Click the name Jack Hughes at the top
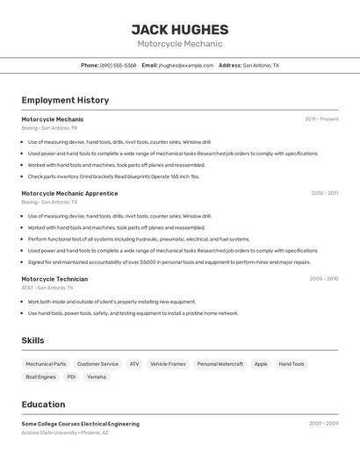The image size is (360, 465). (x=179, y=29)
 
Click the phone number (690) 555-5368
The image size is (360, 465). (x=118, y=65)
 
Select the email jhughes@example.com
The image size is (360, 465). (x=186, y=65)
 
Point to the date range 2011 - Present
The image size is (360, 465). (x=321, y=118)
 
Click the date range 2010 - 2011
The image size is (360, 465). (x=324, y=192)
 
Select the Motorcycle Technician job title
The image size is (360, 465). (x=54, y=279)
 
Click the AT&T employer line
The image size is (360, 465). (x=47, y=288)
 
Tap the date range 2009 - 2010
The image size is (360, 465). (x=323, y=279)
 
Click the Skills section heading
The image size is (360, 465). (x=32, y=340)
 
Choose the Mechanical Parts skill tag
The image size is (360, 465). (x=46, y=363)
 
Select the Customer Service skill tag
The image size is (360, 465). (x=97, y=363)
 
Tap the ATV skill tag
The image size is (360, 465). (x=134, y=363)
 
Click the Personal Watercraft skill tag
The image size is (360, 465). (x=220, y=363)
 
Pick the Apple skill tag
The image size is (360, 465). (x=261, y=363)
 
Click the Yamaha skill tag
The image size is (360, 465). (x=97, y=377)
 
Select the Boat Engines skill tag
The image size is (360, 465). (x=40, y=377)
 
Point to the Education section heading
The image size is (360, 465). (x=43, y=404)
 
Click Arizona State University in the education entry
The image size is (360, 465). (x=49, y=433)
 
